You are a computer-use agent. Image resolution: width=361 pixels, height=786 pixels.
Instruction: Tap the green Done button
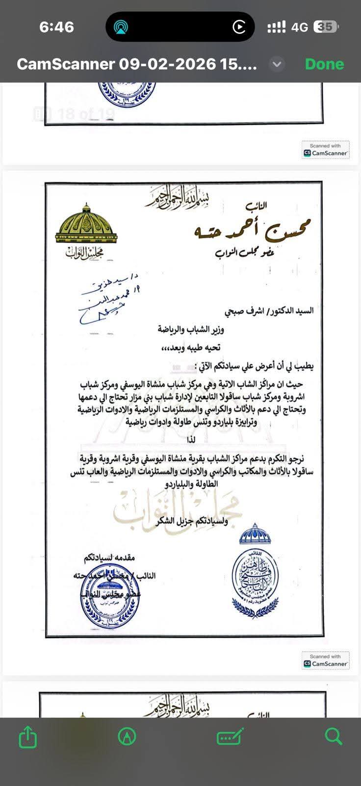coord(324,64)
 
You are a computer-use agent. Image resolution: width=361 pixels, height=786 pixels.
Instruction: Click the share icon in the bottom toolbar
coord(28,737)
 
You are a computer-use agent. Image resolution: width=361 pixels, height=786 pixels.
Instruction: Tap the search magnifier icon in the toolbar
coord(334,736)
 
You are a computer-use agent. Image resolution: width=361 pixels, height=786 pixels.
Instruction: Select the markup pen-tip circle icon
coord(127,736)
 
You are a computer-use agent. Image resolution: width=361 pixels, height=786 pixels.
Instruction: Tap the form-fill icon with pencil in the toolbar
coord(230,736)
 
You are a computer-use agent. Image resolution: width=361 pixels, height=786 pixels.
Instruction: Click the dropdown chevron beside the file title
coord(277,64)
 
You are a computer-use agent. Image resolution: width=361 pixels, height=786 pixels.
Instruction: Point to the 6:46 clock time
coord(56,27)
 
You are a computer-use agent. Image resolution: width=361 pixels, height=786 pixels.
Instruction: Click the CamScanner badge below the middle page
coord(326,660)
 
